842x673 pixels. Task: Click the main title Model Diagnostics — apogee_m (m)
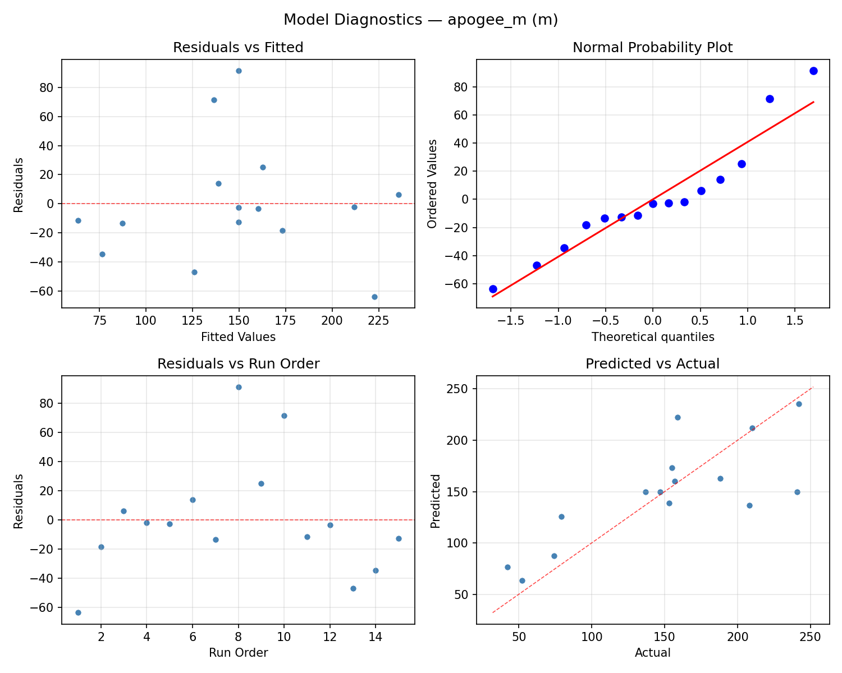tap(420, 20)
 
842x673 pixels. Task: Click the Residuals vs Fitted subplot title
tap(238, 48)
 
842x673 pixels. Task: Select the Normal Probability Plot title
tap(652, 48)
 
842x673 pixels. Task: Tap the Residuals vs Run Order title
tap(238, 364)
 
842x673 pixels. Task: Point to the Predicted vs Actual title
tap(652, 364)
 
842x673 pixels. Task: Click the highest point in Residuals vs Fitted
tap(239, 71)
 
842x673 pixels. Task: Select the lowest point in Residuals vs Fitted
tap(374, 297)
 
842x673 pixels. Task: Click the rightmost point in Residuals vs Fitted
tap(399, 195)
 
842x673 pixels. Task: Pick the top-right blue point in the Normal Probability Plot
tap(813, 71)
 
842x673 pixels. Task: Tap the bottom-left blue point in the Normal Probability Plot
tap(493, 289)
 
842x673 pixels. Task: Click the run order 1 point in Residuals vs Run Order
tap(78, 612)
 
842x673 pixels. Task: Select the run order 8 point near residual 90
tap(239, 387)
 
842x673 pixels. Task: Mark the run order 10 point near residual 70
tap(284, 416)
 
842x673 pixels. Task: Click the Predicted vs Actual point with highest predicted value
tap(799, 404)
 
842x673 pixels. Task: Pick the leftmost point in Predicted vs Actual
tap(507, 567)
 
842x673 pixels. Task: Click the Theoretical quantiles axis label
tap(652, 337)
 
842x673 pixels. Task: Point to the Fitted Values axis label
tap(238, 337)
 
